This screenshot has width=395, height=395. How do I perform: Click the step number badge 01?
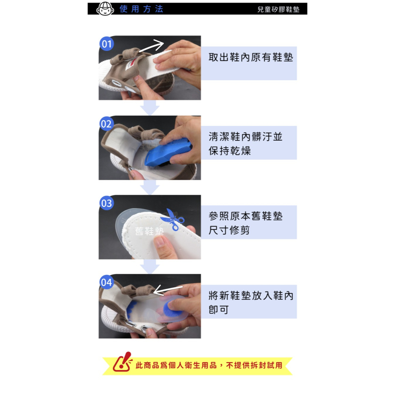click(107, 44)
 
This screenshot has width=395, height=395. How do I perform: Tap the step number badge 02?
click(107, 124)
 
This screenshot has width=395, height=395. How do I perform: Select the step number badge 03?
click(107, 203)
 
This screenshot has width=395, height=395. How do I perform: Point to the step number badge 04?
click(107, 282)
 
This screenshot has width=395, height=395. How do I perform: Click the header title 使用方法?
click(141, 9)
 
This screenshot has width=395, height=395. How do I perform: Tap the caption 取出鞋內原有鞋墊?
click(251, 57)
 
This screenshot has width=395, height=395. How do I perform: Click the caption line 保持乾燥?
click(230, 151)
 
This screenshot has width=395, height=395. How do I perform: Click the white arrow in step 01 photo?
click(151, 46)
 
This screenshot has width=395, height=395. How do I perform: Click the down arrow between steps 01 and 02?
click(149, 107)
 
